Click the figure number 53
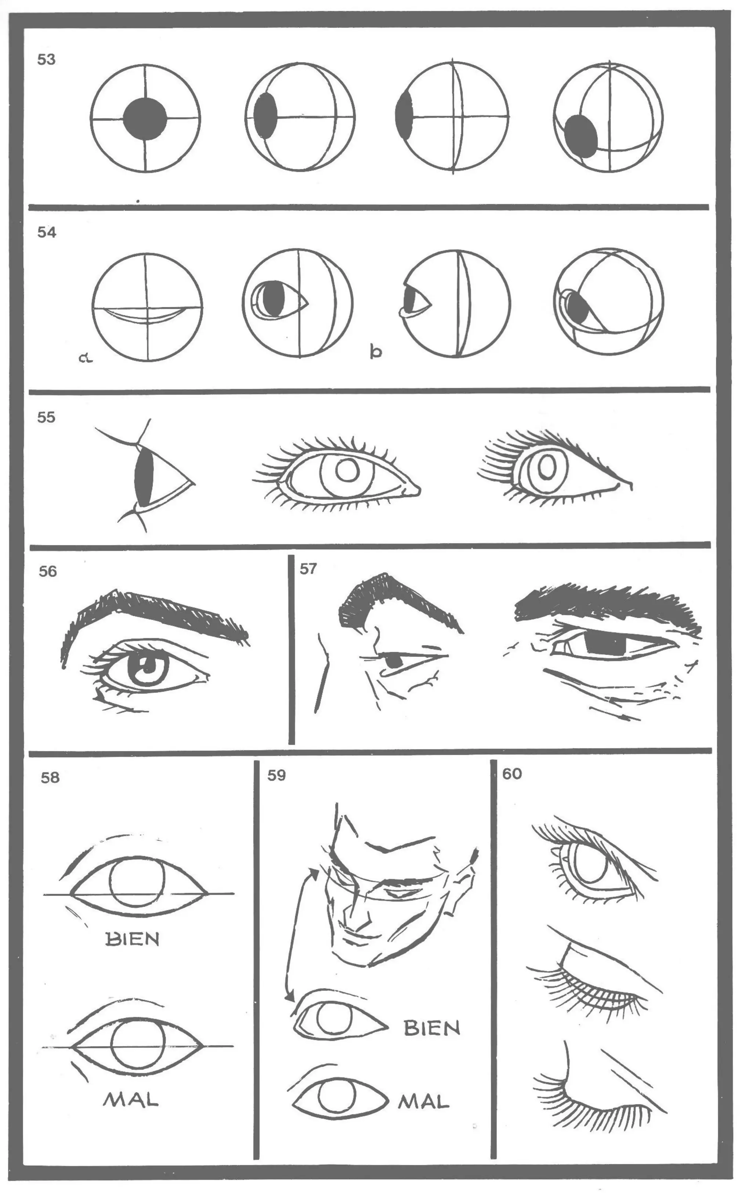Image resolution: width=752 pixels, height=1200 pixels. point(46,60)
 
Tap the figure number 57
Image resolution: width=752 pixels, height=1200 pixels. point(308,568)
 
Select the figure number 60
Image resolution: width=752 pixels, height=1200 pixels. point(512,774)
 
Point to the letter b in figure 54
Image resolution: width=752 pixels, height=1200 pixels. point(376,352)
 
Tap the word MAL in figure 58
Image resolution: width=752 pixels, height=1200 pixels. point(131,1100)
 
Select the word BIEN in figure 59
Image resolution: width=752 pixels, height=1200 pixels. point(432,1029)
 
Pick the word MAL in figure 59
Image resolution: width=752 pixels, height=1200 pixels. point(424,1103)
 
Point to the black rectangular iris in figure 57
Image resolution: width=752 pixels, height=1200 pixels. point(605,644)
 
